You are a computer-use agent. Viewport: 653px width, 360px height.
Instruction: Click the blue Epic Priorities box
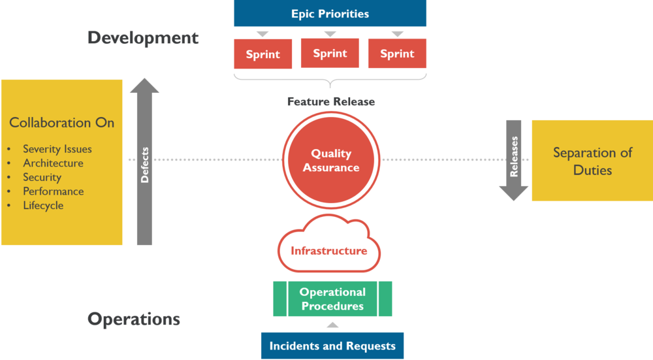[330, 14]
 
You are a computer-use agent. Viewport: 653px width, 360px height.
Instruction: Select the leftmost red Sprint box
[263, 54]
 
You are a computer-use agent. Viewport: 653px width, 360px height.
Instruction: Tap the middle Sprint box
[330, 53]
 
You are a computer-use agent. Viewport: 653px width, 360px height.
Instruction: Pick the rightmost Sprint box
[397, 54]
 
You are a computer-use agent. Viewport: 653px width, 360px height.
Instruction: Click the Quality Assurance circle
[331, 160]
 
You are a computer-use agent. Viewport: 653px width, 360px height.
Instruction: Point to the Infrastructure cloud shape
[329, 250]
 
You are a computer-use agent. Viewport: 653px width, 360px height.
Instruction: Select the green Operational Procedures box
[332, 299]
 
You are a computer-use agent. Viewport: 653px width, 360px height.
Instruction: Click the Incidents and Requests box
[332, 346]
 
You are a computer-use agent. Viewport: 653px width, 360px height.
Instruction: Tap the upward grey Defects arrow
[144, 163]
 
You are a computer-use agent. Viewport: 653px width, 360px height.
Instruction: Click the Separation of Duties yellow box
[592, 161]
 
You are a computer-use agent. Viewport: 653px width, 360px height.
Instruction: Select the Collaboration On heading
[61, 123]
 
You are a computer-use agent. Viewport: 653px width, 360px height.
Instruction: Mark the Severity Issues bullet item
[57, 149]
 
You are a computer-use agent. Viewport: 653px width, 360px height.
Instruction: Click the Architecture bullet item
[53, 163]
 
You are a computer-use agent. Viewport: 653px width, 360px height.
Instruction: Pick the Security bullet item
[42, 177]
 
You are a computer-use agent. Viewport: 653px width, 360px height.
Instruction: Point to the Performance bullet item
[53, 191]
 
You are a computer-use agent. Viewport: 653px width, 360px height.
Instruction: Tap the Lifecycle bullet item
[43, 205]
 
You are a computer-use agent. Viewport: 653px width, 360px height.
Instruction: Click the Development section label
[143, 38]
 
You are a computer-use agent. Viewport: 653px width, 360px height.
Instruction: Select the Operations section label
[134, 319]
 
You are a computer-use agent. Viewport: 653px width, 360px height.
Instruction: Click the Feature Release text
[331, 102]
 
